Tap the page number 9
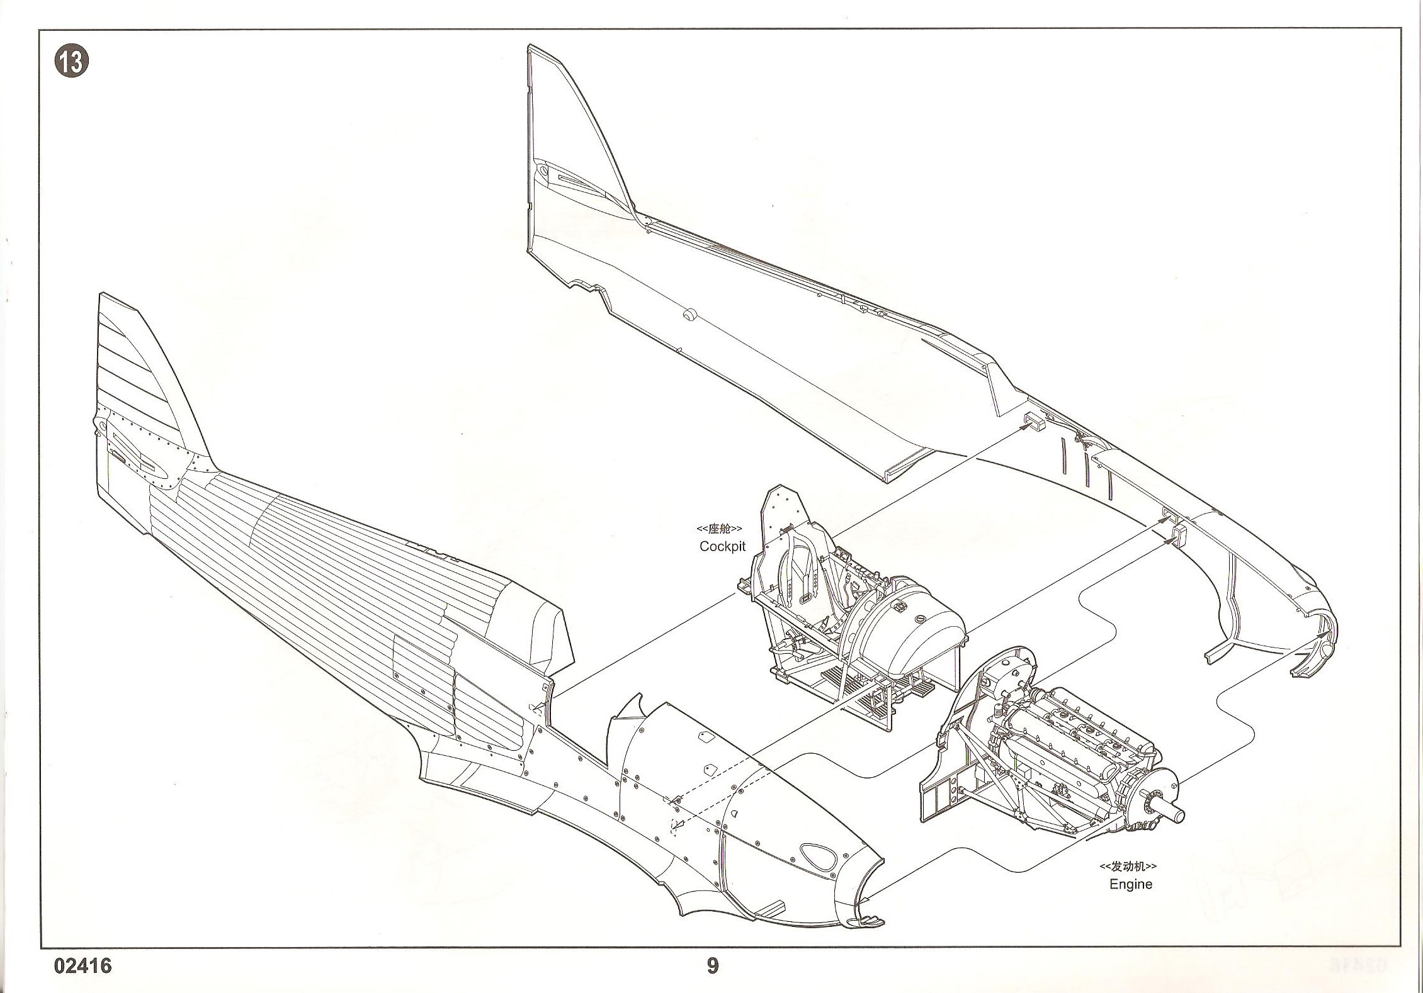[x=712, y=965]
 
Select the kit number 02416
[x=82, y=966]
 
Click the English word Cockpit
[x=722, y=546]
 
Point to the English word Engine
[x=1131, y=884]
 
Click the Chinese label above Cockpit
[x=719, y=529]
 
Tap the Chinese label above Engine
[x=1128, y=867]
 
